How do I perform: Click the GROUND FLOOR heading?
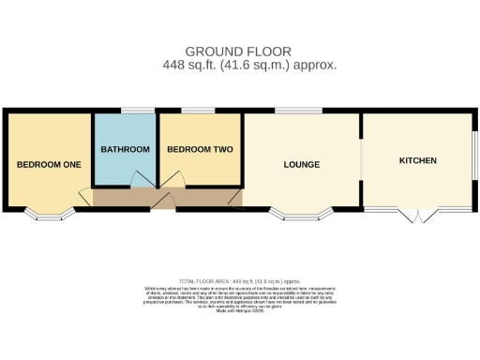[238, 51]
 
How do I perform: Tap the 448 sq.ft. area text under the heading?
[249, 65]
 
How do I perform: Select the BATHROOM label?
[125, 149]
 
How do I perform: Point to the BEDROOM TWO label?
[200, 149]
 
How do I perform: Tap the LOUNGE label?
[302, 165]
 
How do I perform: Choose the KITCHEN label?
[418, 161]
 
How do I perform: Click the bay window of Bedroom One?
[49, 214]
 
